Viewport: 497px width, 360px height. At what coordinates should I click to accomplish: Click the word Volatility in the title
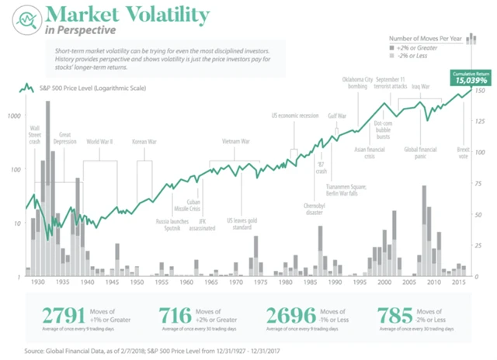(162, 15)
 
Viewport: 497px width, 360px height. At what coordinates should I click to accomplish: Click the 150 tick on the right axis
(480, 91)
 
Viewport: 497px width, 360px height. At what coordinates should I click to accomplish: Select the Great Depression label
(65, 138)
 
